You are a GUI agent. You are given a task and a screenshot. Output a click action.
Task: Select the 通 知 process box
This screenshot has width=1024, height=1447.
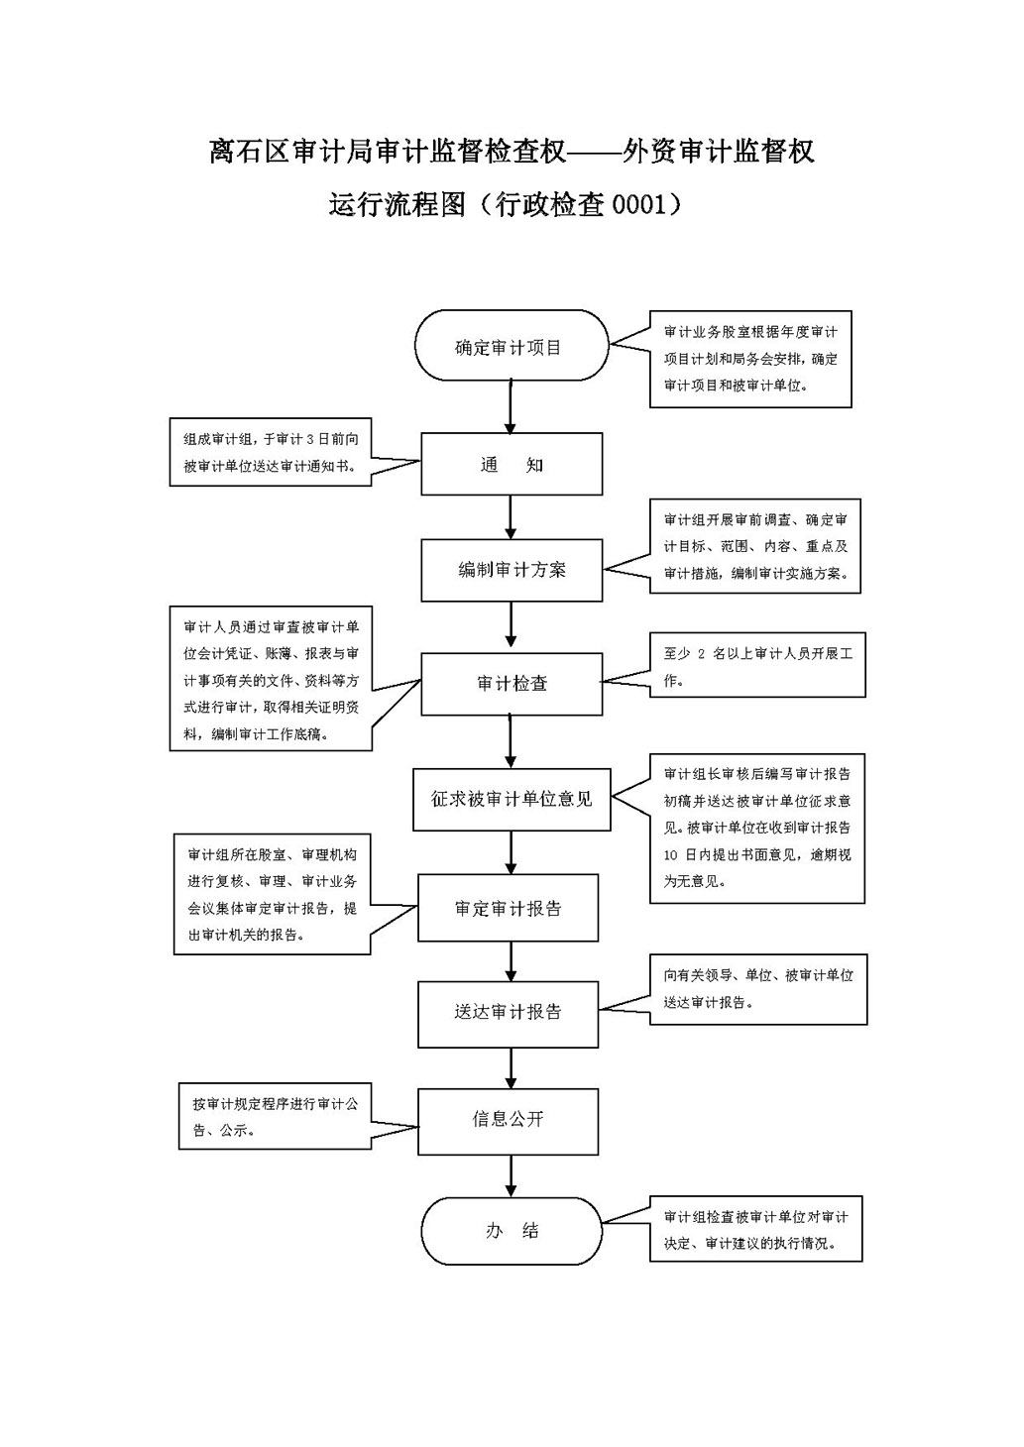pyautogui.click(x=512, y=464)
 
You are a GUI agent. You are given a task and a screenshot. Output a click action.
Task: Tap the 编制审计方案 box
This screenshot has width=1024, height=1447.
pyautogui.click(x=512, y=570)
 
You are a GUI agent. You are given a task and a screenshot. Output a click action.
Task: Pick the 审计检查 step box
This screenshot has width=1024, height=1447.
pyautogui.click(x=512, y=684)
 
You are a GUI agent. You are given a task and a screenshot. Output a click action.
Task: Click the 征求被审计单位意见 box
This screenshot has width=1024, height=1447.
pyautogui.click(x=512, y=799)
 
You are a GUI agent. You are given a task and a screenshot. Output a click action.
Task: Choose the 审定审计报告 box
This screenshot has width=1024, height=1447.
pyautogui.click(x=508, y=908)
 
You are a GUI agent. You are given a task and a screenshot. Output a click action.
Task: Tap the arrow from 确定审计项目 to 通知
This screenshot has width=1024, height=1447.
pyautogui.click(x=511, y=407)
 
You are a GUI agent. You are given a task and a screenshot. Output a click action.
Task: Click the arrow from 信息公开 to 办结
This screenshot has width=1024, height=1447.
pyautogui.click(x=512, y=1175)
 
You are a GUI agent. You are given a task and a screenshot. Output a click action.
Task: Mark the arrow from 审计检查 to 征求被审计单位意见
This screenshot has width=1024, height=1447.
pyautogui.click(x=511, y=741)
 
